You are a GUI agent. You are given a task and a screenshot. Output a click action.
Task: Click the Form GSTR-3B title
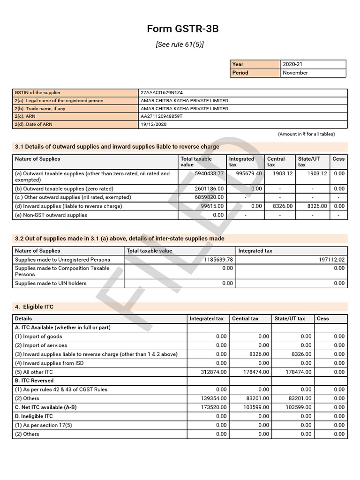(183, 29)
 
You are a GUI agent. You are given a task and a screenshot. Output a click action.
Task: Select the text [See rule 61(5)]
(180, 45)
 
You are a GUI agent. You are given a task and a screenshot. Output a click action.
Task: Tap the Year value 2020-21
(293, 64)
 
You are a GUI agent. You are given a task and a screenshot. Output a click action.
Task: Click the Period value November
(295, 73)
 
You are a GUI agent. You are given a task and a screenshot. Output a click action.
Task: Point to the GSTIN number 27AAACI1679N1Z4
(161, 92)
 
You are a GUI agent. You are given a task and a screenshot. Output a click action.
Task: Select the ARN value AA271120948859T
(162, 116)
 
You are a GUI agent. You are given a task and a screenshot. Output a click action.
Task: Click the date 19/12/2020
(153, 124)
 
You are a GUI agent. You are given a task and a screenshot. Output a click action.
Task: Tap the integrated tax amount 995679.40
(249, 173)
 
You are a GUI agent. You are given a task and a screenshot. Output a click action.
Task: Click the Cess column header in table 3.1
(338, 159)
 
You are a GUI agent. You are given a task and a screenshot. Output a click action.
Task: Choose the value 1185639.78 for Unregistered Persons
(216, 260)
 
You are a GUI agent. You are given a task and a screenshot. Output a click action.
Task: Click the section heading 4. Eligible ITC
(34, 307)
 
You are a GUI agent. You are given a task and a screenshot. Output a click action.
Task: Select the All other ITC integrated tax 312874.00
(211, 372)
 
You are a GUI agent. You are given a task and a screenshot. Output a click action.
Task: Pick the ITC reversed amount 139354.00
(211, 398)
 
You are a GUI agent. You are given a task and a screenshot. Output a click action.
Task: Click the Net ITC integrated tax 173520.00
(211, 407)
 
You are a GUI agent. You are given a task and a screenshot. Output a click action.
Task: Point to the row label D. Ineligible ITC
(34, 416)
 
